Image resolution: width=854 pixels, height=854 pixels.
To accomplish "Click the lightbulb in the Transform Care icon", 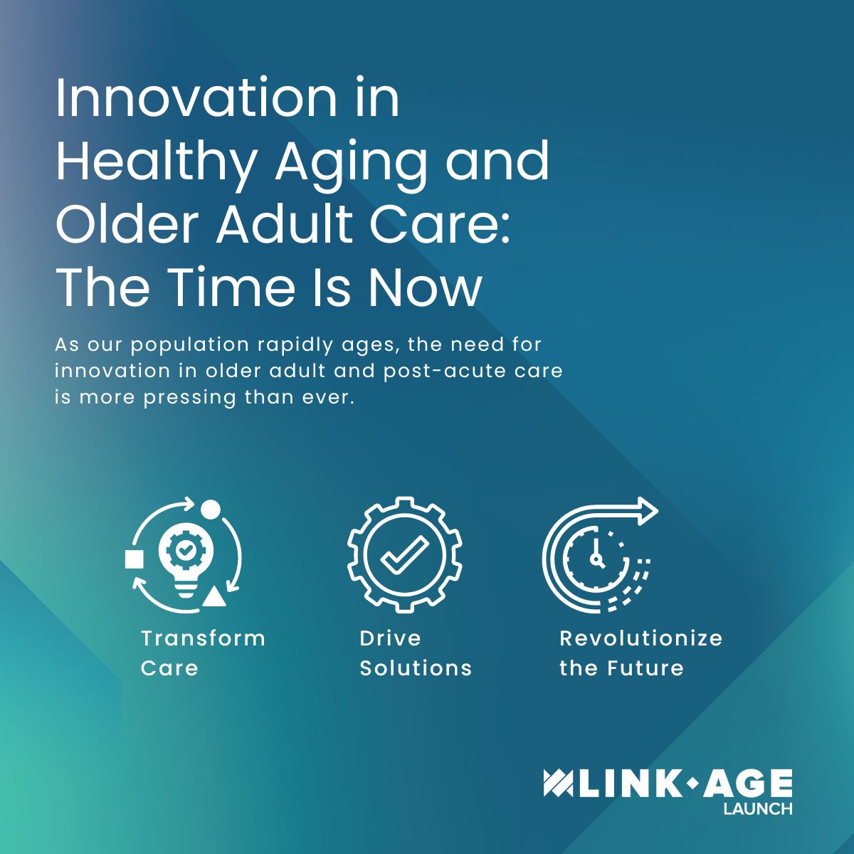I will [x=185, y=559].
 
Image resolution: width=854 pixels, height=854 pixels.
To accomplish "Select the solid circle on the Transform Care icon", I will [x=211, y=510].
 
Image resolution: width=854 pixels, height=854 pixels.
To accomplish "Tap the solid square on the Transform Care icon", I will [x=134, y=559].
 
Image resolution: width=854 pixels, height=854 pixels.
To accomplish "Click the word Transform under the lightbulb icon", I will [x=203, y=638].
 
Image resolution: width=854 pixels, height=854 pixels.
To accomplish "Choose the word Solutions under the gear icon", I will [x=416, y=668].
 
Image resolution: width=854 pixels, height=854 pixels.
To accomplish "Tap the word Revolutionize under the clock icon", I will [x=640, y=638].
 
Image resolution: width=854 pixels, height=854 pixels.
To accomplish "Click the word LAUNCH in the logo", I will [x=757, y=809].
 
